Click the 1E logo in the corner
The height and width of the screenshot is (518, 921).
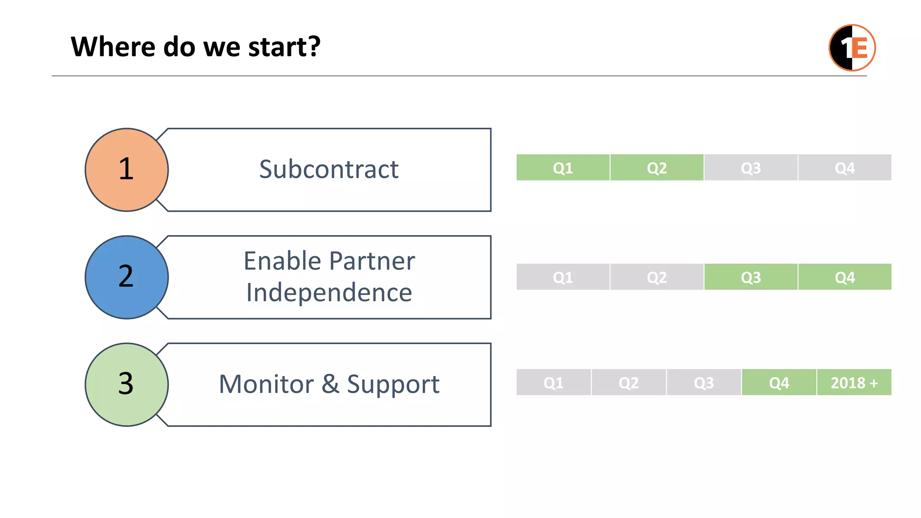(x=852, y=48)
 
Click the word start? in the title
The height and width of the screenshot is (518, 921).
(x=284, y=47)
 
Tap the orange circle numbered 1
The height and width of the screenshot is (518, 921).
(x=127, y=170)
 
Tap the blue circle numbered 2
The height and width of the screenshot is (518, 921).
(x=127, y=277)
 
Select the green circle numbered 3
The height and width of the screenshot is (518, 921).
(x=127, y=384)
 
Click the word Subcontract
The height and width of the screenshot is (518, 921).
(x=329, y=170)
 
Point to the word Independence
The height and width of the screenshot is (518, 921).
(x=329, y=293)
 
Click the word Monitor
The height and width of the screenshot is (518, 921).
(x=266, y=384)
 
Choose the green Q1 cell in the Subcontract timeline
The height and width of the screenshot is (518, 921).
(x=563, y=168)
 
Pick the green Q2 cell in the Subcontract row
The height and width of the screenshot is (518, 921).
(x=657, y=168)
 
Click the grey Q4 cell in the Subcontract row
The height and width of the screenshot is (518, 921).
(x=845, y=168)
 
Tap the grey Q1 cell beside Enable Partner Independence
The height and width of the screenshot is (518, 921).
(x=563, y=277)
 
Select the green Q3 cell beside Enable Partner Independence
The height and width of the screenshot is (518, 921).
(x=751, y=277)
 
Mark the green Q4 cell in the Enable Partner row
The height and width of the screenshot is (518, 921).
(x=845, y=277)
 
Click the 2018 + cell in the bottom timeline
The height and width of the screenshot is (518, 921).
(x=854, y=383)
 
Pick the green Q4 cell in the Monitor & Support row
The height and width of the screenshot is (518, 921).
(x=779, y=383)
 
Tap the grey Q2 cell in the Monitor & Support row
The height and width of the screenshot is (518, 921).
(x=628, y=383)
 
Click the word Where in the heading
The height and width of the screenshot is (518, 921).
(x=113, y=47)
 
